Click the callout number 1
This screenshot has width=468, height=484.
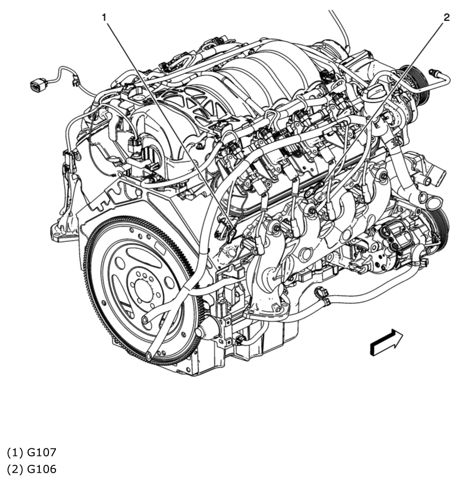(x=104, y=18)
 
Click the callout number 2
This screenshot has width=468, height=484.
(x=446, y=18)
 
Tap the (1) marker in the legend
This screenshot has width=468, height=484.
(x=14, y=453)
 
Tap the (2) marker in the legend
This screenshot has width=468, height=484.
(x=14, y=469)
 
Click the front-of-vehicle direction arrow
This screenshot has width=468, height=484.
(x=386, y=341)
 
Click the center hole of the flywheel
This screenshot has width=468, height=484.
(x=143, y=290)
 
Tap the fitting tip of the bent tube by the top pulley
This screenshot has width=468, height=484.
(x=432, y=71)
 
